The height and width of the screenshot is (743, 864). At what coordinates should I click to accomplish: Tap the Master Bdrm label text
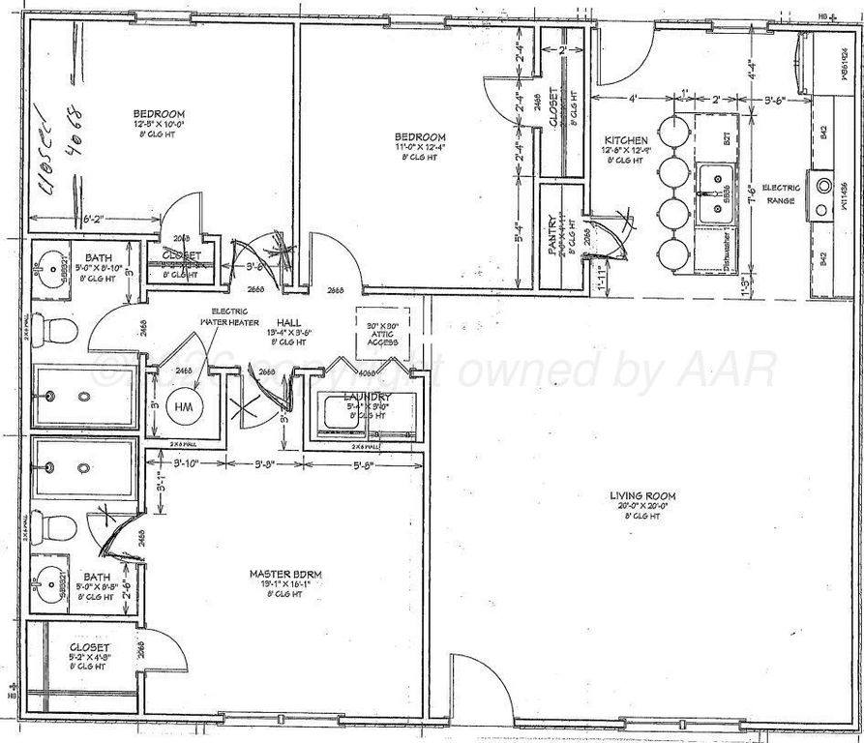283,574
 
